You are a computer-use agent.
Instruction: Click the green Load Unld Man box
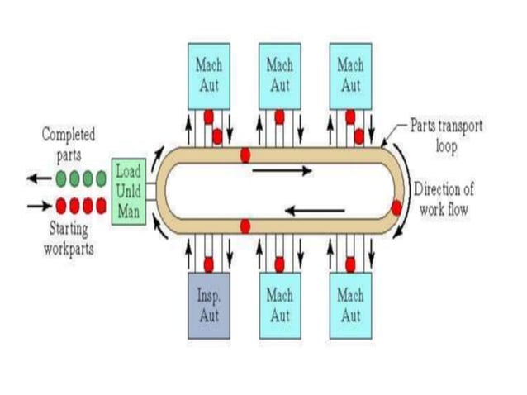[129, 193]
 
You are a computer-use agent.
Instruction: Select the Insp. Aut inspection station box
[208, 306]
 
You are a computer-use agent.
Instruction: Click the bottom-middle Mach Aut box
[279, 306]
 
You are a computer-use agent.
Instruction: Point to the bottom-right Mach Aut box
[350, 306]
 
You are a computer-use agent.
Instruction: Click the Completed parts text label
[69, 141]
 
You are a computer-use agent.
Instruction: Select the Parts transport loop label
[446, 135]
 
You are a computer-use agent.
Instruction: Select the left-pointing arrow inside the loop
[315, 210]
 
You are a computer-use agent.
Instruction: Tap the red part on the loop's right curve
[396, 207]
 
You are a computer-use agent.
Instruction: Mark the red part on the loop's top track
[245, 155]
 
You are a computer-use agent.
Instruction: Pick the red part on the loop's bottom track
[245, 226]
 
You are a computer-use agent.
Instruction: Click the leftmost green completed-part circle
[61, 178]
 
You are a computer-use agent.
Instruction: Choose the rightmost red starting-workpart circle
[101, 205]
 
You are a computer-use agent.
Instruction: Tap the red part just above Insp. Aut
[209, 264]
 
